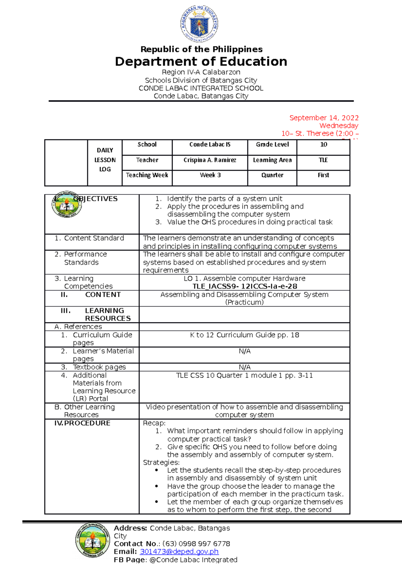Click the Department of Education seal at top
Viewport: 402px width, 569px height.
[200, 24]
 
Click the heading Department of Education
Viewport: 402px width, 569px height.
[201, 62]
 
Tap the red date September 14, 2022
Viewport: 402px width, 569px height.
[324, 118]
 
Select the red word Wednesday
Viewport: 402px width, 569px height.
[339, 126]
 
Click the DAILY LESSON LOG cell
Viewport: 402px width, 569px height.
[105, 160]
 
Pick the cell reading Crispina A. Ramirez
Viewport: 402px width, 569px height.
[210, 160]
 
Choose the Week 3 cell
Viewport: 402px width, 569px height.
[210, 175]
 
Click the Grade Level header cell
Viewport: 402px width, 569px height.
[272, 144]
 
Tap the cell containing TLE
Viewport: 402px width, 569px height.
[323, 160]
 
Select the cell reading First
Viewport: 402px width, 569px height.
[323, 175]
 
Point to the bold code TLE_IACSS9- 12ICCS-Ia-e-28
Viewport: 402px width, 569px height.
[245, 287]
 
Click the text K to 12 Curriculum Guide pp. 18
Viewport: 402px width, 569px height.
[245, 335]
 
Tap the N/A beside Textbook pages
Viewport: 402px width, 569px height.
[245, 367]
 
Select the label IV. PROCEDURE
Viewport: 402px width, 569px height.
[82, 423]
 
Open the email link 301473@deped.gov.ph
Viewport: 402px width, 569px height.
[179, 552]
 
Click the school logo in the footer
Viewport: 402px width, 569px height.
[92, 540]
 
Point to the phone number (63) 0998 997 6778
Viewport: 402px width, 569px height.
[196, 544]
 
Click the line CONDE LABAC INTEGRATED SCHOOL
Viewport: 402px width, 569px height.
[201, 88]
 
